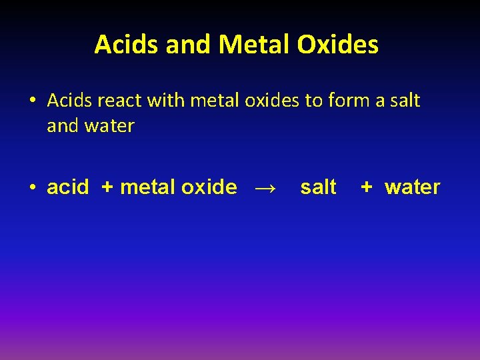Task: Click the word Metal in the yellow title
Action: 254,45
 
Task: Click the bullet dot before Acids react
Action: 31,101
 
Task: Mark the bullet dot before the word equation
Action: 31,188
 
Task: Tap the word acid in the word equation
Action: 67,187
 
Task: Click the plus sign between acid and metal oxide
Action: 107,187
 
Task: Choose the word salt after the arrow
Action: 318,187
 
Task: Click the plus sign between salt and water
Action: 366,187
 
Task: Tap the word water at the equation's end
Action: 412,187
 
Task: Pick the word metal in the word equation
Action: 147,187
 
